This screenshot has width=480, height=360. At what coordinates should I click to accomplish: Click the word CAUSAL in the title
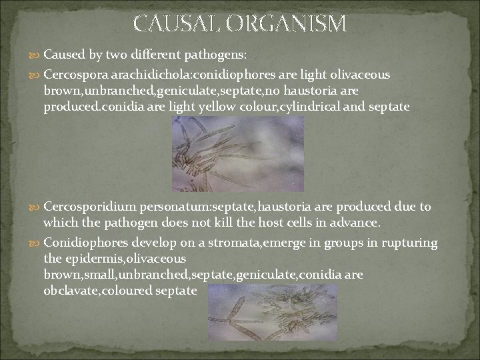(176, 23)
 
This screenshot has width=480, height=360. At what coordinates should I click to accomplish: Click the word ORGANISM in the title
(287, 23)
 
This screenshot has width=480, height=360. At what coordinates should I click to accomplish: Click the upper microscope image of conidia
(238, 154)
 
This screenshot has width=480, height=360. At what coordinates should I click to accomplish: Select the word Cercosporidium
(86, 207)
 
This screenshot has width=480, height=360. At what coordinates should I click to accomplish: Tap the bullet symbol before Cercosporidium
(36, 208)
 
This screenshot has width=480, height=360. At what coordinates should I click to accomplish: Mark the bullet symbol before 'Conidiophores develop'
(36, 243)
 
